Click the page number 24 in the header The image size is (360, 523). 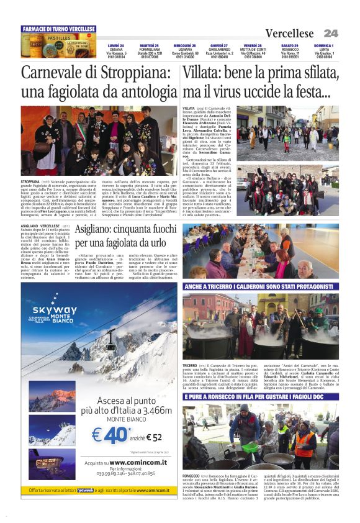coord(330,33)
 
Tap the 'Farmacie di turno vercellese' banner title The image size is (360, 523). coord(58,29)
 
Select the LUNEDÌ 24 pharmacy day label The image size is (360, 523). coord(116,45)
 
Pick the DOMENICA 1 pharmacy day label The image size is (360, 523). coord(323,45)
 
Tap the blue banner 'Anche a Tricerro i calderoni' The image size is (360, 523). coord(260,287)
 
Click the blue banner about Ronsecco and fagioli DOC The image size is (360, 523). coord(260,396)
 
